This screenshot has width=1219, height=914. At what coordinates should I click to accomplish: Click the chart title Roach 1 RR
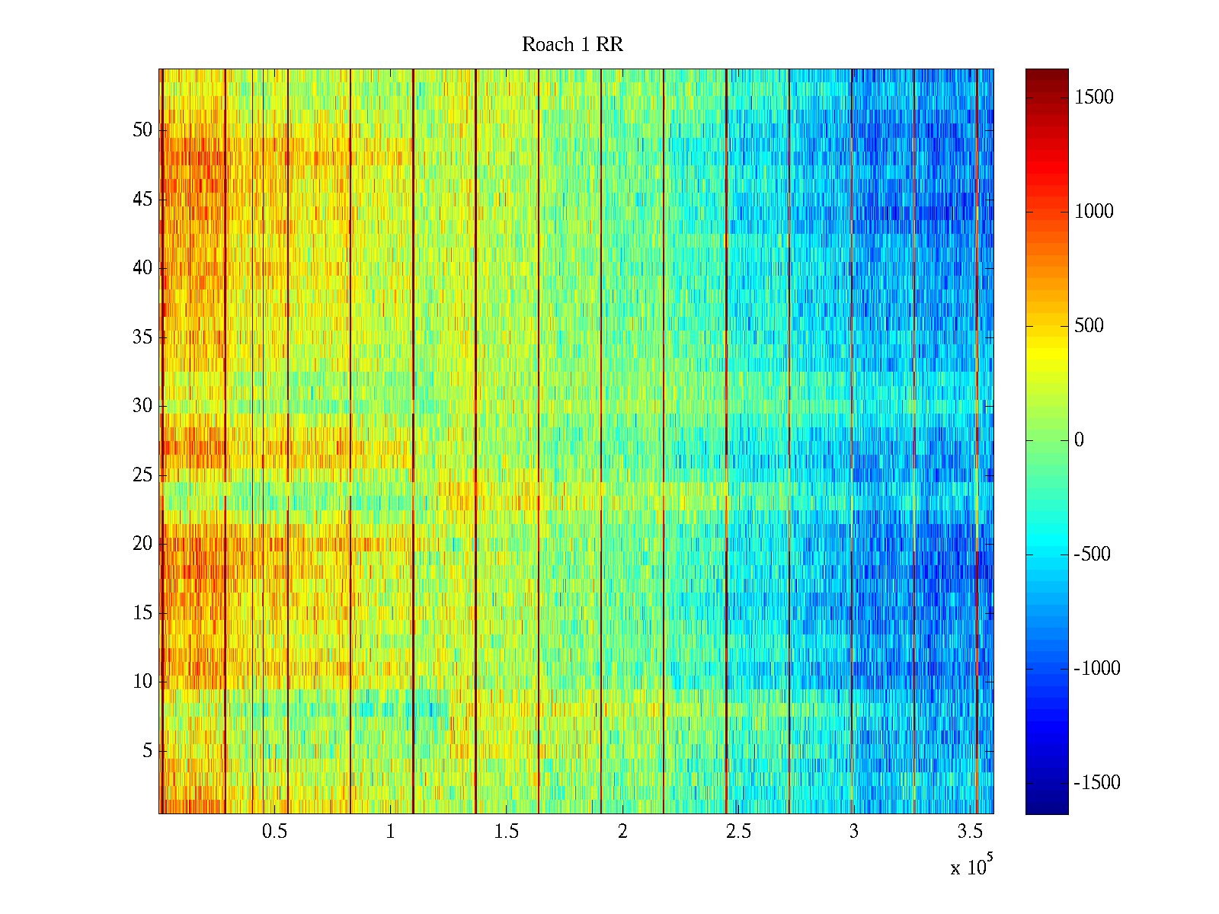pyautogui.click(x=572, y=45)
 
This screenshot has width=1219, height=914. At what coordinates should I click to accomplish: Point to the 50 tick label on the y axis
pyautogui.click(x=142, y=130)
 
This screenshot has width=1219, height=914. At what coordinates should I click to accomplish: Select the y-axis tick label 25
pyautogui.click(x=142, y=475)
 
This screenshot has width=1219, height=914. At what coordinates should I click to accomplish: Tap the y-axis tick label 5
pyautogui.click(x=147, y=751)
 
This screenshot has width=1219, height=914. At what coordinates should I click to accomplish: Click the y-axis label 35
pyautogui.click(x=142, y=337)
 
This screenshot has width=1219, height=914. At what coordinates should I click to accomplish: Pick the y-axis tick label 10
pyautogui.click(x=142, y=682)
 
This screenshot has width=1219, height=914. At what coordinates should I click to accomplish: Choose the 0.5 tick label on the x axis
pyautogui.click(x=274, y=832)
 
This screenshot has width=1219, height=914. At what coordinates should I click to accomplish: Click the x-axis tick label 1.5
pyautogui.click(x=507, y=832)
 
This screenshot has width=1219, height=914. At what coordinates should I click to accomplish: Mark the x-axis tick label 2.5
pyautogui.click(x=738, y=832)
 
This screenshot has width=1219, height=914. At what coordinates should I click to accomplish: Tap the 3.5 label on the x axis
pyautogui.click(x=970, y=832)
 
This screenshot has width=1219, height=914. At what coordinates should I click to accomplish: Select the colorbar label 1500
pyautogui.click(x=1094, y=97)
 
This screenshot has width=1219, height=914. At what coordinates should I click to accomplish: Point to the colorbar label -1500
pyautogui.click(x=1097, y=783)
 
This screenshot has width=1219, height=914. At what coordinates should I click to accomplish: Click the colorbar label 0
pyautogui.click(x=1079, y=440)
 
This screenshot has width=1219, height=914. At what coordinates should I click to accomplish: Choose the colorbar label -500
pyautogui.click(x=1093, y=554)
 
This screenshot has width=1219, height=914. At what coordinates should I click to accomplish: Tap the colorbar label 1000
pyautogui.click(x=1094, y=212)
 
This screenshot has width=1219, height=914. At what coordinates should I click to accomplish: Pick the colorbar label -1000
pyautogui.click(x=1097, y=669)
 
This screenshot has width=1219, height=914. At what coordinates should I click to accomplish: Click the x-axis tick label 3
pyautogui.click(x=854, y=832)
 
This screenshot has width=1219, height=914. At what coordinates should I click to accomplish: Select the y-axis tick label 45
pyautogui.click(x=142, y=200)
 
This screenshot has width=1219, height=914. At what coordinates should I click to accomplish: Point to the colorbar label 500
pyautogui.click(x=1089, y=326)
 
